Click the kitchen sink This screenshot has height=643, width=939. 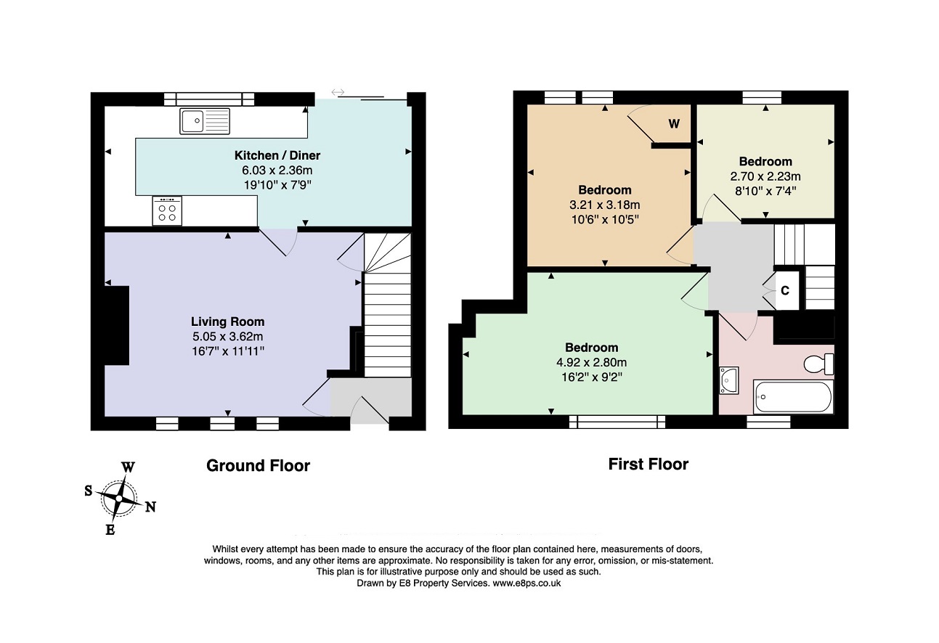205,121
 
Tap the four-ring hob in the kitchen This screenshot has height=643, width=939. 167,211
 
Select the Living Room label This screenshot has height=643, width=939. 227,321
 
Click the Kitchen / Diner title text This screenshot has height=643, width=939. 277,155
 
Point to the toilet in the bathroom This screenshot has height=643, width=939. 818,364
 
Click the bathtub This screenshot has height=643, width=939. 793,396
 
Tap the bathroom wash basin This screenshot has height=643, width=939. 729,380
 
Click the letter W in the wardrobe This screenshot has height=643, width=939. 674,123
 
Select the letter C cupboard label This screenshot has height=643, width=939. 785,290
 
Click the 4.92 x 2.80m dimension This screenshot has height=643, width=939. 591,362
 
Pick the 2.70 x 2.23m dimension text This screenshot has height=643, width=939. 765,176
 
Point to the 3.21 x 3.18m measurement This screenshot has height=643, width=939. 604,205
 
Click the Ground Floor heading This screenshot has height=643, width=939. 259,465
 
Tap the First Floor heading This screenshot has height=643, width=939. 649,464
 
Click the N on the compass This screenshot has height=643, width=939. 150,507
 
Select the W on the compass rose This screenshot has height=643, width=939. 128,467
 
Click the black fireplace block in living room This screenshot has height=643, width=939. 116,326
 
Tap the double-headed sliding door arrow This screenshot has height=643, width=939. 338,92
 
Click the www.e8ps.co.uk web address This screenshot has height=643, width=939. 527,583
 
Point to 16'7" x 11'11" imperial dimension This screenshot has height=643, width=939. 228,351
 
